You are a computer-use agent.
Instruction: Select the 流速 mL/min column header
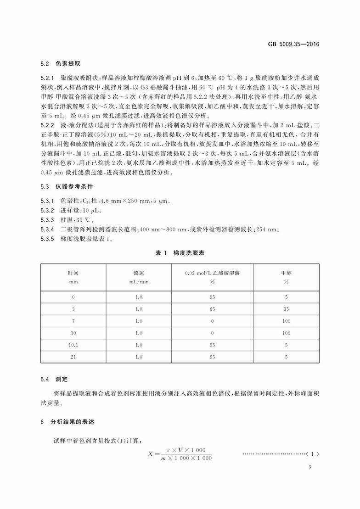tap(139, 277)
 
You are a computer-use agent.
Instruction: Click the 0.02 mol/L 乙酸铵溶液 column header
tap(212, 277)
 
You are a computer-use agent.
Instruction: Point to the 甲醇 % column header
tap(286, 277)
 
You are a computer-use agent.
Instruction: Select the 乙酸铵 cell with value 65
tap(212, 309)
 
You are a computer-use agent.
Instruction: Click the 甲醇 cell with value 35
tap(286, 309)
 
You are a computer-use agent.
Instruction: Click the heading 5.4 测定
tap(54, 380)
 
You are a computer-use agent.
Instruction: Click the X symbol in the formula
tap(150, 453)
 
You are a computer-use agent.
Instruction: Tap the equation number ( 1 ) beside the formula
tap(312, 454)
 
